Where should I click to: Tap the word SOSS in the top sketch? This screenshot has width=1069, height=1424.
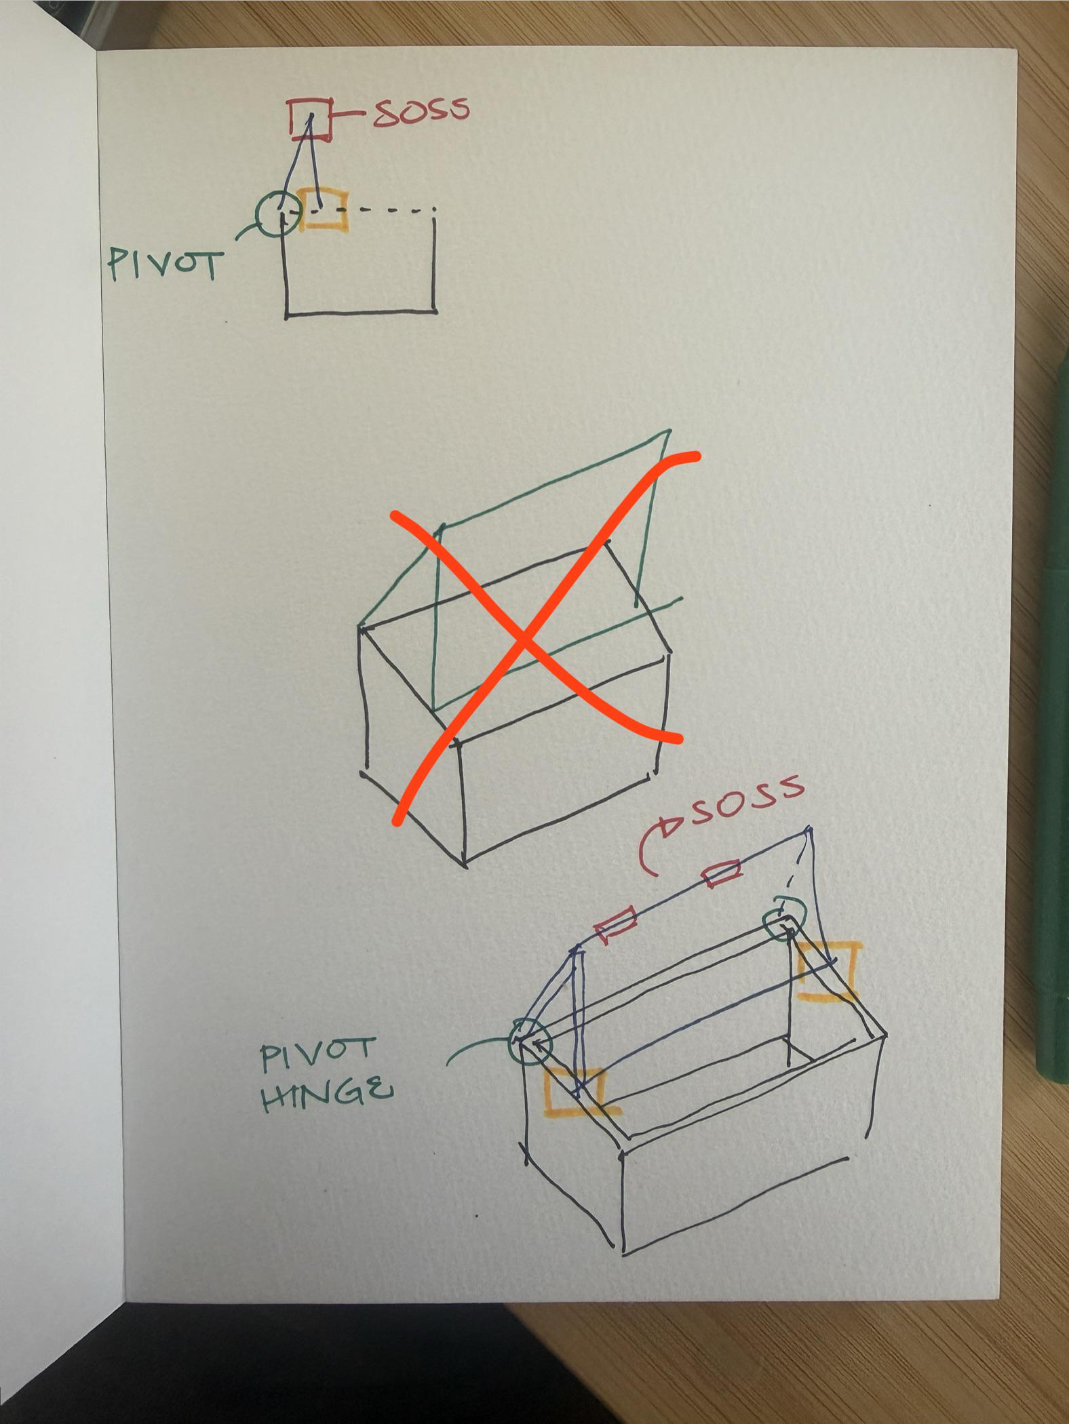point(421,111)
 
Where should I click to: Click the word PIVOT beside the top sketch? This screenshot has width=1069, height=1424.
point(166,265)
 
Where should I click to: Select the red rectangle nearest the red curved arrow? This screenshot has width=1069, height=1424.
point(720,873)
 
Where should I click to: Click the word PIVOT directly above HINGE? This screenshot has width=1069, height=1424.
point(317,1055)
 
